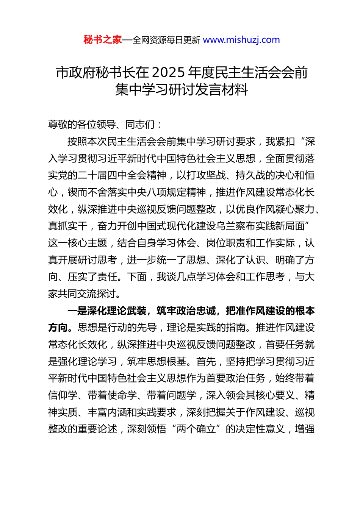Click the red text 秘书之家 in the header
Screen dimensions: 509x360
pyautogui.click(x=102, y=40)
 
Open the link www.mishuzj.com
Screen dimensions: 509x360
pyautogui.click(x=241, y=40)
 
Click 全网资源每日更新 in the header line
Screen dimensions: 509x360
pyautogui.click(x=166, y=40)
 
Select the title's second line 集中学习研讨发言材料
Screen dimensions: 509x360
pyautogui.click(x=182, y=90)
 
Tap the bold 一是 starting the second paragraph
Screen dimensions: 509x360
pyautogui.click(x=77, y=311)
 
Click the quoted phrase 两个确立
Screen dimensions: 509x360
pyautogui.click(x=196, y=429)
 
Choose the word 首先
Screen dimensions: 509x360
pyautogui.click(x=206, y=361)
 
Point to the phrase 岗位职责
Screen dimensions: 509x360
pyautogui.click(x=225, y=243)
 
